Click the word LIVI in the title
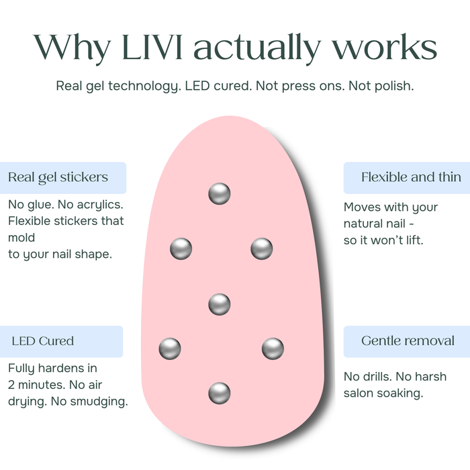pyautogui.click(x=152, y=47)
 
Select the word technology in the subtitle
pyautogui.click(x=144, y=87)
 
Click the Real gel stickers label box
pyautogui.click(x=63, y=178)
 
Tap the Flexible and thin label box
pyautogui.click(x=407, y=178)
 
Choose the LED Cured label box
pyautogui.click(x=62, y=341)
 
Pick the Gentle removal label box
pyautogui.click(x=407, y=341)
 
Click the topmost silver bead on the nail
pyautogui.click(x=220, y=193)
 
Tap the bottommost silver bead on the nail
pyautogui.click(x=220, y=393)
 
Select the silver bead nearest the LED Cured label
pyautogui.click(x=170, y=348)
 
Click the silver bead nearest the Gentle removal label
pyautogui.click(x=273, y=348)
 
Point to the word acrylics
pyautogui.click(x=100, y=205)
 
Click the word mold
pyautogui.click(x=21, y=238)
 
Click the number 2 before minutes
pyautogui.click(x=11, y=385)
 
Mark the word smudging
pyautogui.click(x=104, y=402)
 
